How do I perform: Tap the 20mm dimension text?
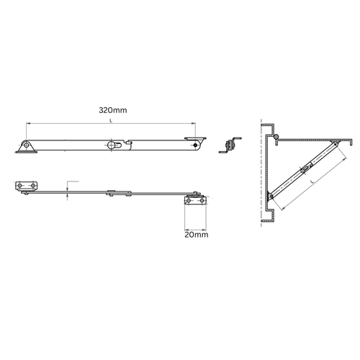(x=195, y=234)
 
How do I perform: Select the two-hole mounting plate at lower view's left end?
(x=26, y=188)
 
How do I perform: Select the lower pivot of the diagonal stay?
(x=271, y=196)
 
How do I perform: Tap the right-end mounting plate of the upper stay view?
(x=195, y=139)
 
